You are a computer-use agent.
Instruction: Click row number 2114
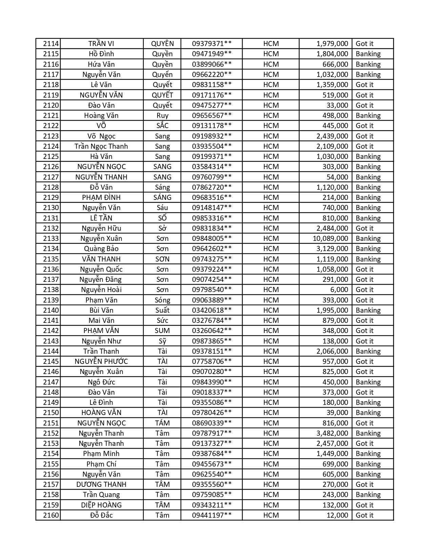click(51, 44)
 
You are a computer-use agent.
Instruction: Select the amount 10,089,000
click(330, 239)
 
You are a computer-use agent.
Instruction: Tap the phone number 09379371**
click(212, 44)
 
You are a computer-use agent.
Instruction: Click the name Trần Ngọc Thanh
click(101, 146)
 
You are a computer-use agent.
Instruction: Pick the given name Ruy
click(162, 116)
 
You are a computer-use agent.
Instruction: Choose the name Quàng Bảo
click(101, 249)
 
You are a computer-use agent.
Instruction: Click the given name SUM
click(162, 331)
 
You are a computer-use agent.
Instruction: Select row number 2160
click(51, 515)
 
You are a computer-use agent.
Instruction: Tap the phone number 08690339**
click(212, 423)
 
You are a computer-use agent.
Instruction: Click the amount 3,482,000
click(332, 433)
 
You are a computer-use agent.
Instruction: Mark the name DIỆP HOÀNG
click(101, 505)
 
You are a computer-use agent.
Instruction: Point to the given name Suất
click(162, 310)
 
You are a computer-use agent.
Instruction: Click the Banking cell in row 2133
click(368, 239)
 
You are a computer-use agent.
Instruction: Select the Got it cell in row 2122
click(364, 126)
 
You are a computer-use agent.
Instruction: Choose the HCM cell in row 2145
click(271, 361)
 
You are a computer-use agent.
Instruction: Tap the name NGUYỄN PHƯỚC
click(101, 361)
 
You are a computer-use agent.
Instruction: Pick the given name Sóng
click(162, 300)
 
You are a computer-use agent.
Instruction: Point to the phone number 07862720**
click(212, 187)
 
